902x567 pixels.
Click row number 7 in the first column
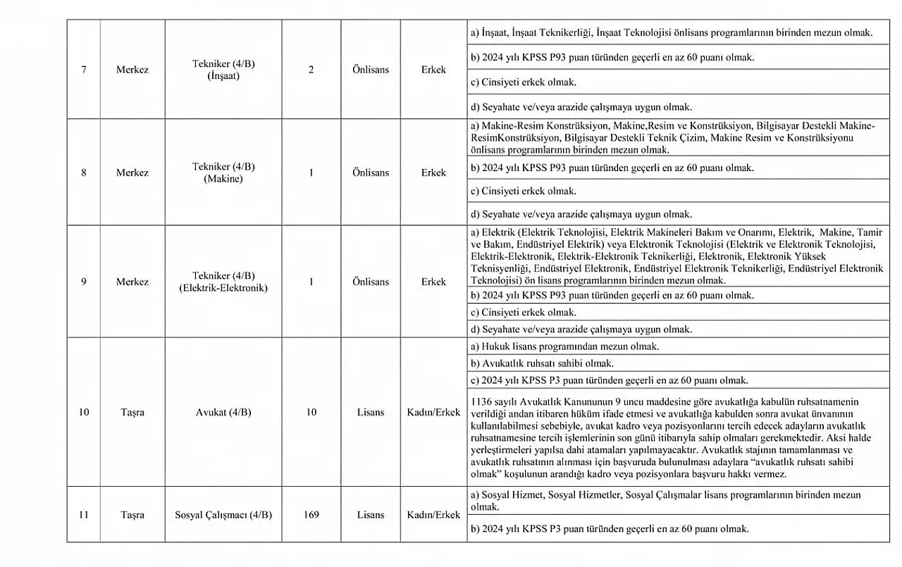tap(84, 70)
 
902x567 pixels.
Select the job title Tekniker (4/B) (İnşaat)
tap(223, 70)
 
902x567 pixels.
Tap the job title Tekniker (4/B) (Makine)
tap(223, 173)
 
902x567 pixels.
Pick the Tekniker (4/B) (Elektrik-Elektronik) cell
tap(223, 282)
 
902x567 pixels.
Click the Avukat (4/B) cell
tap(223, 412)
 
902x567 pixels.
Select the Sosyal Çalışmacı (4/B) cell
tap(223, 515)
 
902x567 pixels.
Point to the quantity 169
tap(311, 515)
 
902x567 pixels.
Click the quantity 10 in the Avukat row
tap(311, 412)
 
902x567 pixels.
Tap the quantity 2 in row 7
tap(311, 70)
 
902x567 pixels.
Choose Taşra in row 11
tap(132, 515)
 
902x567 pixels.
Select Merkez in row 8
tap(132, 173)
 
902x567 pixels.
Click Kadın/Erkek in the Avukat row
tap(433, 412)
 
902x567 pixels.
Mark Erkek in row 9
tap(433, 282)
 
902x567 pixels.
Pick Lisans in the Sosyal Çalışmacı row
tap(371, 515)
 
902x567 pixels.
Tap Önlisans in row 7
tap(371, 70)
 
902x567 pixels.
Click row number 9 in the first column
tap(84, 282)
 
